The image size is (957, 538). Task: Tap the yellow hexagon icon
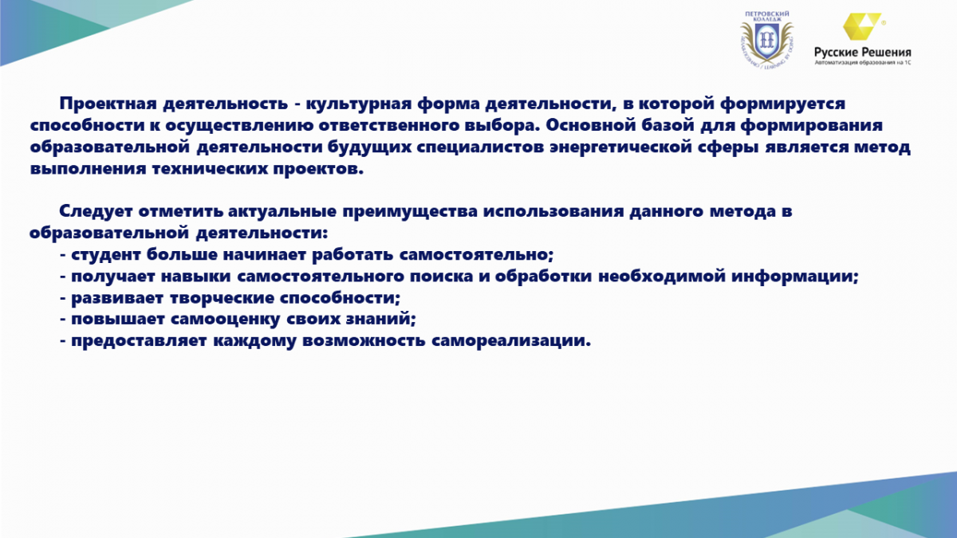[x=862, y=26]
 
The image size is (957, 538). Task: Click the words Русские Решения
[x=863, y=53]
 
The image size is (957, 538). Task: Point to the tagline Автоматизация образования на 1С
[x=863, y=62]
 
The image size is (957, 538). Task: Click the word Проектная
[x=108, y=104]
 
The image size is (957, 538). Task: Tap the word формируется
[x=782, y=104]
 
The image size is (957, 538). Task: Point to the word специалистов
[x=480, y=147]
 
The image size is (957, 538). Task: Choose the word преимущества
[x=410, y=211]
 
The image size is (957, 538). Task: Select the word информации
[x=794, y=277]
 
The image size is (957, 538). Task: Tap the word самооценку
[x=225, y=320]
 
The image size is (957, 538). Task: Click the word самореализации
[x=511, y=341]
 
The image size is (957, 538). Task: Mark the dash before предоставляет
[x=63, y=342]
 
